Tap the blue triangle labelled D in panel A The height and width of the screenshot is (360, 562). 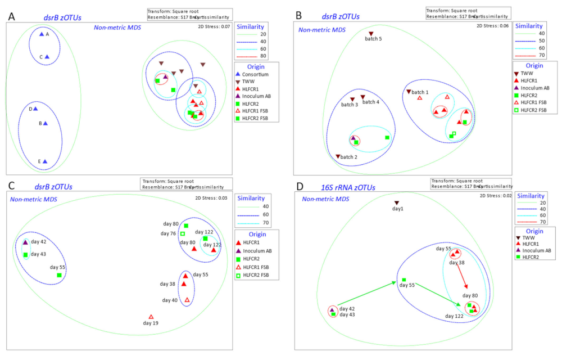[x=35, y=109]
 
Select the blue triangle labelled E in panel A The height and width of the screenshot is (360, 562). [x=45, y=161]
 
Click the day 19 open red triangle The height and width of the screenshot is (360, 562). [x=151, y=317]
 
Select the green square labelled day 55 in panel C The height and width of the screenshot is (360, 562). [x=59, y=275]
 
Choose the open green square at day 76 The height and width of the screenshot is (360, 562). [x=183, y=233]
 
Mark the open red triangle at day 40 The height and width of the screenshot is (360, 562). [x=187, y=300]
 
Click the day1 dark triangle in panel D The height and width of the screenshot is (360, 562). [x=396, y=203]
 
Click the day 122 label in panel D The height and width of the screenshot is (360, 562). [x=455, y=316]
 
